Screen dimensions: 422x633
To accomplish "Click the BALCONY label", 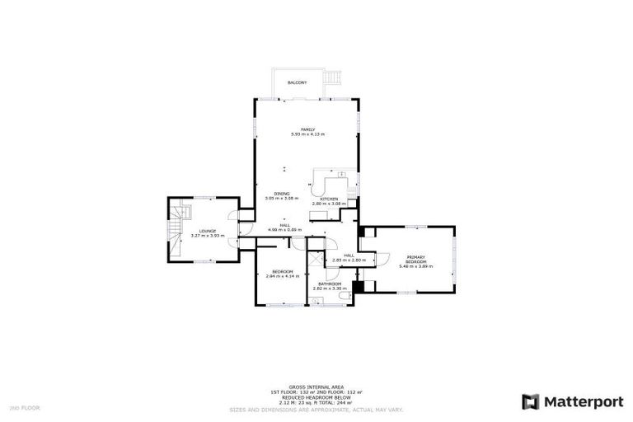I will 297,83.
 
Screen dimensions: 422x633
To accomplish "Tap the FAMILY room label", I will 307,129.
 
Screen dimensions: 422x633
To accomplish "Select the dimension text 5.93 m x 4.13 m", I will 307,134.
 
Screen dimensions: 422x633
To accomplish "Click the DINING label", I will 282,194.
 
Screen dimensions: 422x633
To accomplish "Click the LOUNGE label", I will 207,231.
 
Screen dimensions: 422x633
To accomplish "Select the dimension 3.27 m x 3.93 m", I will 207,236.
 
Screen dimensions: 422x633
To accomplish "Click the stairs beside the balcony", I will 333,80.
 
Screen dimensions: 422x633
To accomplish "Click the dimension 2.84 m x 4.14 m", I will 282,276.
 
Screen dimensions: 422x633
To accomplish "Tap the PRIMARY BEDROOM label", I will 415,259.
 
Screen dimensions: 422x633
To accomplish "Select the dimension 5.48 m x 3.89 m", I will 415,266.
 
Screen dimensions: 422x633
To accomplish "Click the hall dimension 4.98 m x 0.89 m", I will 284,230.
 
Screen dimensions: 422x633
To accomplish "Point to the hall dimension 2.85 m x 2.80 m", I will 349,260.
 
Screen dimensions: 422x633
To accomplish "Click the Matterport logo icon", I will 532,401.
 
